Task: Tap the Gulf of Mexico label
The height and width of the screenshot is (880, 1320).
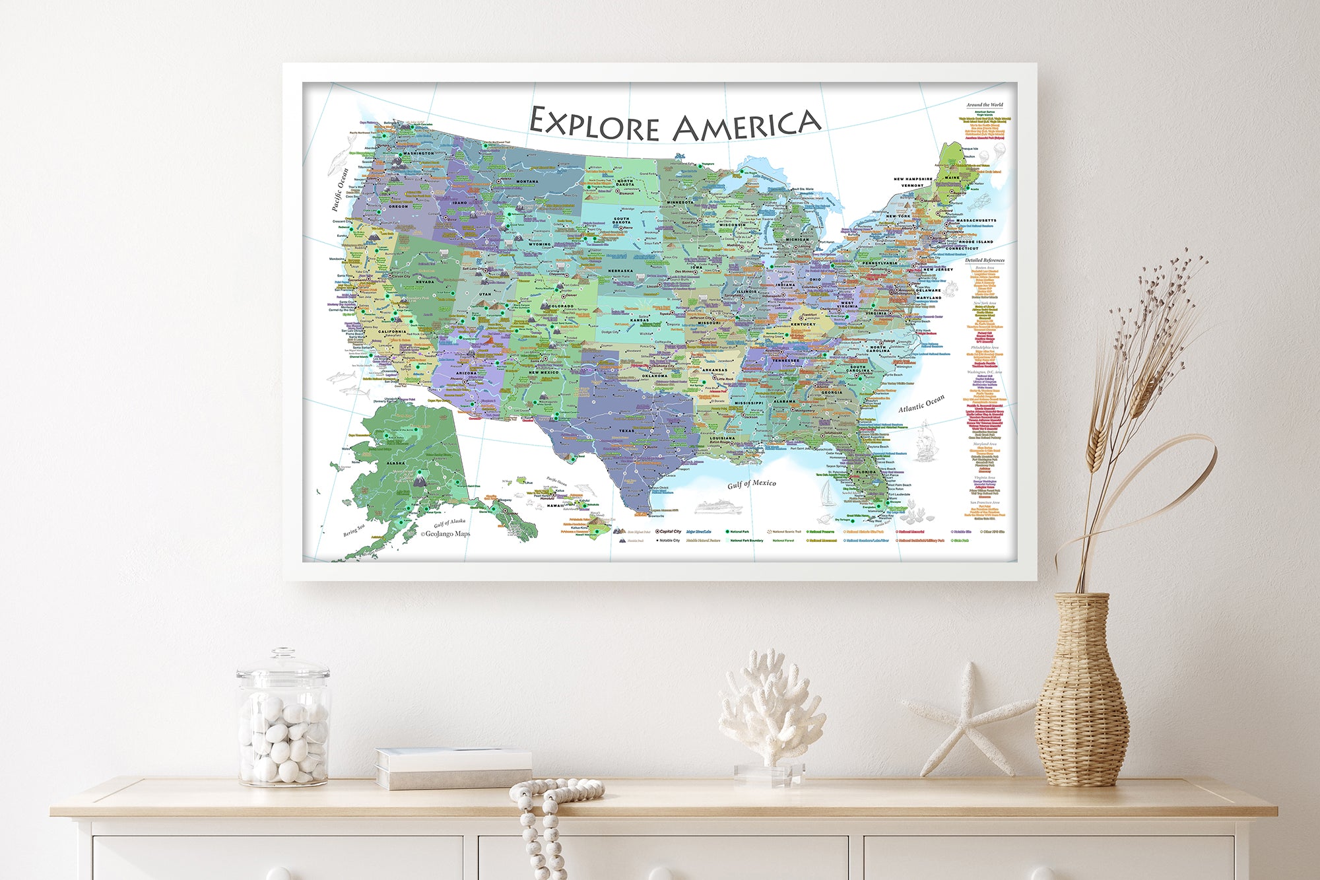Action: (x=752, y=484)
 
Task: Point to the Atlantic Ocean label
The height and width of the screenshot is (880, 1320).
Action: (x=921, y=403)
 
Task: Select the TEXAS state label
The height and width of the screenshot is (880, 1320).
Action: (x=626, y=430)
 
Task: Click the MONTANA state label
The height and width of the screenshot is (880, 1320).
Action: (x=527, y=182)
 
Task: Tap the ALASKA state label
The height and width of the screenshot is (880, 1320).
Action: (x=396, y=463)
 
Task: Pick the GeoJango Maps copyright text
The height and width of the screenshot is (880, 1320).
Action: (x=445, y=534)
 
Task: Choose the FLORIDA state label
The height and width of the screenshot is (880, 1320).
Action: (x=867, y=472)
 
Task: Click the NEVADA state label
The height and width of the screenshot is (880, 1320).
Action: (x=424, y=282)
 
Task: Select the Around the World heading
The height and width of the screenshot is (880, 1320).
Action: (x=984, y=105)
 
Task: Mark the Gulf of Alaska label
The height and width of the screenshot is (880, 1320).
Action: (x=449, y=522)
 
